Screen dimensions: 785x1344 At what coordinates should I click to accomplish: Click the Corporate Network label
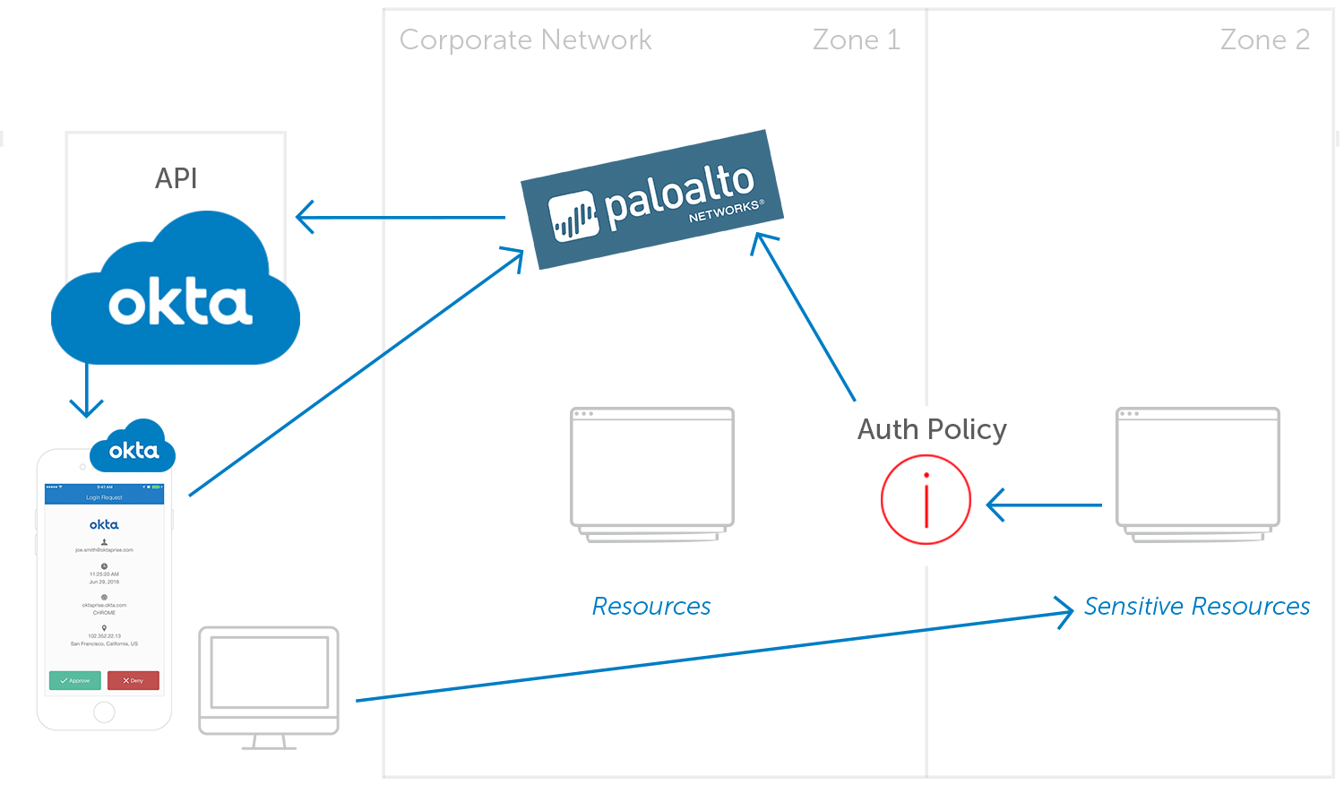pos(525,40)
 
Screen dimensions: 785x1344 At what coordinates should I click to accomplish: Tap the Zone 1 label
pos(856,40)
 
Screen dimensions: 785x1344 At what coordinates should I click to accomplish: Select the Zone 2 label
pos(1264,40)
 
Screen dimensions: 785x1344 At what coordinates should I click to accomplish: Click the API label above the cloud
pos(176,178)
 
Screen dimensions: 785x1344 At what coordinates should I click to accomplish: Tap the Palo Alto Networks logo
pos(652,199)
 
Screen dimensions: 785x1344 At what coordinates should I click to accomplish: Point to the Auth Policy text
pos(932,429)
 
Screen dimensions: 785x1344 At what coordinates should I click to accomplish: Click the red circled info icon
pos(926,499)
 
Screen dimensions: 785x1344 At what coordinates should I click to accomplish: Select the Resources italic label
pos(651,607)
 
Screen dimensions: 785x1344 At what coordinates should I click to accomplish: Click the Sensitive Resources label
pos(1196,607)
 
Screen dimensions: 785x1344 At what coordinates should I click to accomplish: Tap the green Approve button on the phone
pos(74,681)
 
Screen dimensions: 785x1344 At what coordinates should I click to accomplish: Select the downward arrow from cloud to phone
pos(86,390)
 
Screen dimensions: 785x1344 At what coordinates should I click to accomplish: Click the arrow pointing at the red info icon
pos(1044,505)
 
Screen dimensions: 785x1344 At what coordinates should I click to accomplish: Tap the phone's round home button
pos(104,712)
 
